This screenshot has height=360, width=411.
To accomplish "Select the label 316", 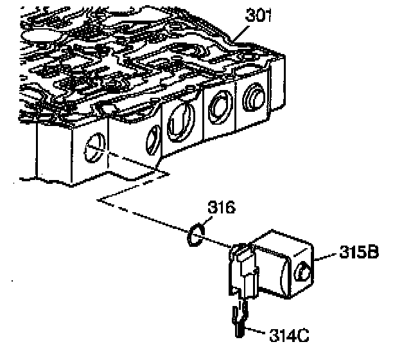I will coord(221,208).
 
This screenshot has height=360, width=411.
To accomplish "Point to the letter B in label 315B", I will coord(372,252).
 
